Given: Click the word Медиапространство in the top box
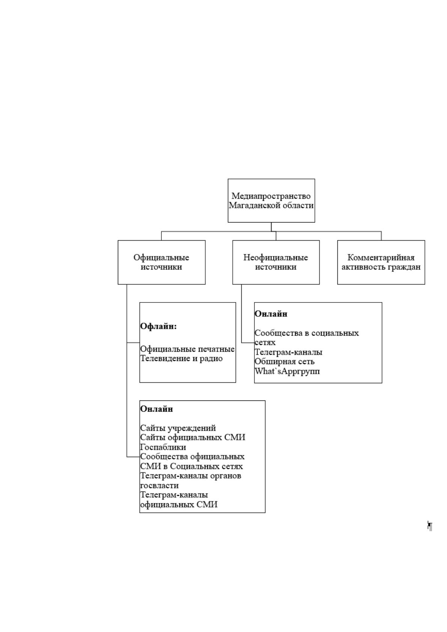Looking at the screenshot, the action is (x=271, y=196).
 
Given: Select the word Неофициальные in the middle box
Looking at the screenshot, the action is (x=276, y=257).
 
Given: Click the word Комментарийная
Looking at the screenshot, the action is (x=381, y=257).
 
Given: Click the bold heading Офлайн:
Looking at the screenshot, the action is (x=158, y=326).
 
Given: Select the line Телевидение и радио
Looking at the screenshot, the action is (x=181, y=358).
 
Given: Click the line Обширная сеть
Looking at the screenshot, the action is (x=284, y=361).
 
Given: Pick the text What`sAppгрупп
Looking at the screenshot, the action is (x=287, y=371).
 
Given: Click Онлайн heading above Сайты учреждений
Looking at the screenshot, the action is (x=157, y=409).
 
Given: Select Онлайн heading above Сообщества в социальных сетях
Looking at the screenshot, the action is (x=271, y=314).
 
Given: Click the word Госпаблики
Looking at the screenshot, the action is (x=163, y=447).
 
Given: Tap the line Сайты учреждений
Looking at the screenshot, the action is (x=178, y=428).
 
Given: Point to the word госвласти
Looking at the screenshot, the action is (x=160, y=485).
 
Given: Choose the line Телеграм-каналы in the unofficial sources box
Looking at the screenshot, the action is (x=288, y=352).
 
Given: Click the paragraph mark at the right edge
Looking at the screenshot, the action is (x=430, y=526).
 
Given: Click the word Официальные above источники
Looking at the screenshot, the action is (x=161, y=257).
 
